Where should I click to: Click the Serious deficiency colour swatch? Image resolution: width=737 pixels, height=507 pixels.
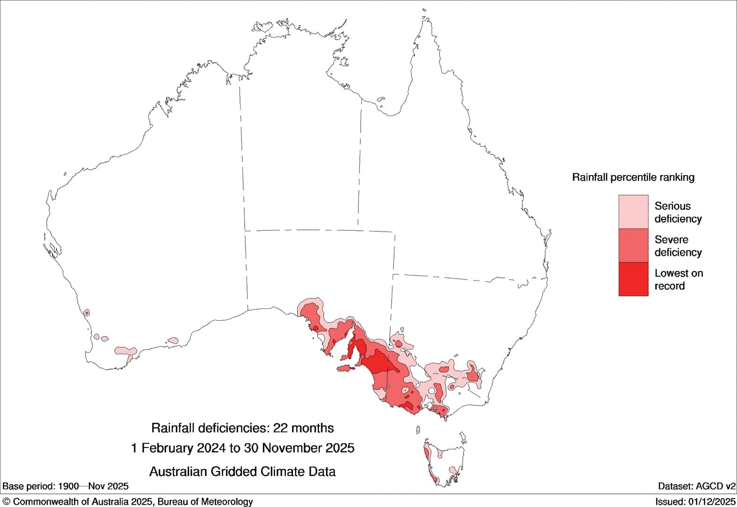tap(633, 212)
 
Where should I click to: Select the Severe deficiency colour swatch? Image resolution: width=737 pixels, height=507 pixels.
tap(633, 245)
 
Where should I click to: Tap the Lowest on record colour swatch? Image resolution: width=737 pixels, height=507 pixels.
tap(633, 279)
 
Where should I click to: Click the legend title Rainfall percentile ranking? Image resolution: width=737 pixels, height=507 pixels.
tap(633, 177)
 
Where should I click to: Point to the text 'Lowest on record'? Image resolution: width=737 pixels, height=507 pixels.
tap(678, 279)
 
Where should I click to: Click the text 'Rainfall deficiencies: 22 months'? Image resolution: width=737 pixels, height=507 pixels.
tap(242, 428)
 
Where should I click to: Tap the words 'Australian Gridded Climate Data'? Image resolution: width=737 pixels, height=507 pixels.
tap(242, 471)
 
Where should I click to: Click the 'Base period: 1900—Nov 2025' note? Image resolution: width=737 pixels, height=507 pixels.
tap(66, 486)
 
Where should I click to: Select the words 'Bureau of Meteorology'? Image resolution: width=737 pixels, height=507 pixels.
tap(205, 502)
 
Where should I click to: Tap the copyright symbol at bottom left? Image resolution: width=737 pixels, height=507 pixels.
tap(7, 502)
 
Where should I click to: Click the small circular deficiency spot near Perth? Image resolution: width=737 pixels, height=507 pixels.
tap(87, 313)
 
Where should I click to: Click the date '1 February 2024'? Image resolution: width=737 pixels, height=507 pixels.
tap(178, 448)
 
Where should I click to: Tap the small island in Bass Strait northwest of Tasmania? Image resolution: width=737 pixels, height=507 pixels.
tap(418, 430)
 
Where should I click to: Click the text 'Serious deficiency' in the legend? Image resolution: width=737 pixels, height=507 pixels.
tap(678, 212)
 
